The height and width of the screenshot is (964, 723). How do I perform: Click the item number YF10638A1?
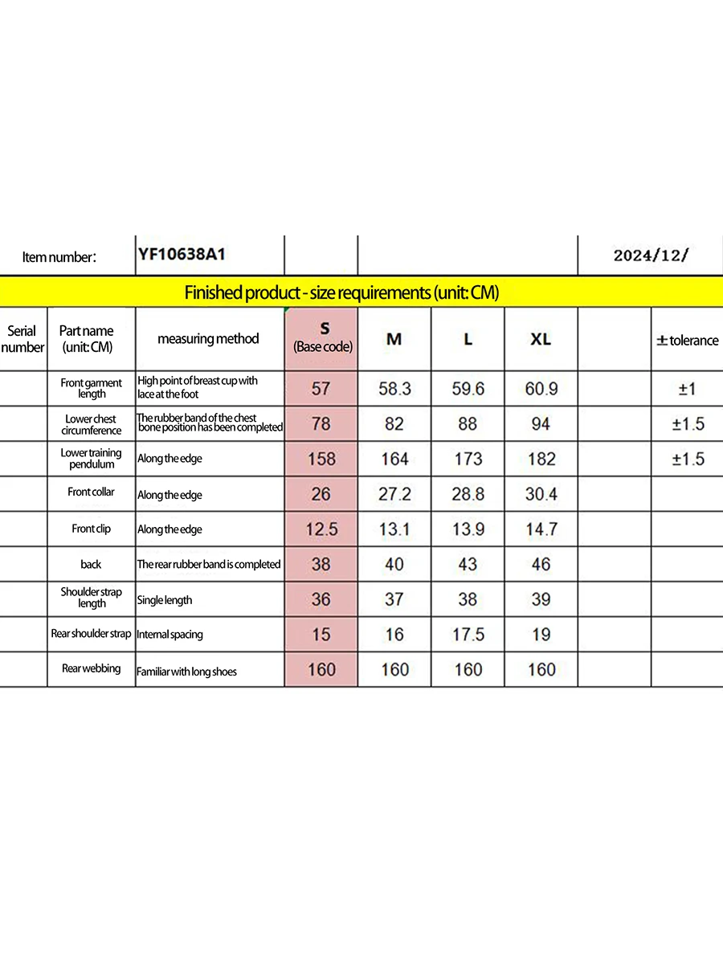click(182, 255)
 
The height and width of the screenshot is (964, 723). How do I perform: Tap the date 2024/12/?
click(651, 255)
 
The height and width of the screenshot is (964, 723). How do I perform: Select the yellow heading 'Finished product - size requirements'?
click(341, 292)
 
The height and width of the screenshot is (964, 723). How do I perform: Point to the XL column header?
click(541, 339)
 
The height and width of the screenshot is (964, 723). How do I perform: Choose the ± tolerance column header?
click(687, 340)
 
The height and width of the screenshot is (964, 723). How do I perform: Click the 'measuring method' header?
click(208, 339)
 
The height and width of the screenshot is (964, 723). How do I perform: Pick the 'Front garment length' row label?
click(92, 388)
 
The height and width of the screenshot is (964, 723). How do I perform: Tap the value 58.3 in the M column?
click(394, 389)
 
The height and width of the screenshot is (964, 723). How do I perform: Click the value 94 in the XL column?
click(541, 423)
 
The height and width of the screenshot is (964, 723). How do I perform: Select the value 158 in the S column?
click(321, 459)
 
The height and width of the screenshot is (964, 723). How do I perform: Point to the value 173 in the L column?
click(468, 459)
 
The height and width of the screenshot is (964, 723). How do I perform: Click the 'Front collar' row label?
click(92, 492)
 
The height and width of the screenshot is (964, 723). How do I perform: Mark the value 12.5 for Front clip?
click(321, 529)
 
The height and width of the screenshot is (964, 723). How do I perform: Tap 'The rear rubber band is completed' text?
click(209, 564)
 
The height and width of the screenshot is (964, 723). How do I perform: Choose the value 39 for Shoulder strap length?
click(541, 599)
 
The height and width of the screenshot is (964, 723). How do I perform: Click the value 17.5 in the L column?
click(468, 635)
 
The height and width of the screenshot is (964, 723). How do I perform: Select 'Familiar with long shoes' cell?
click(187, 671)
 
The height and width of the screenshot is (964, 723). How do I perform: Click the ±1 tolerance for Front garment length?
click(687, 389)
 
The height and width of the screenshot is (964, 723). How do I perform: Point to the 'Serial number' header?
click(22, 339)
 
